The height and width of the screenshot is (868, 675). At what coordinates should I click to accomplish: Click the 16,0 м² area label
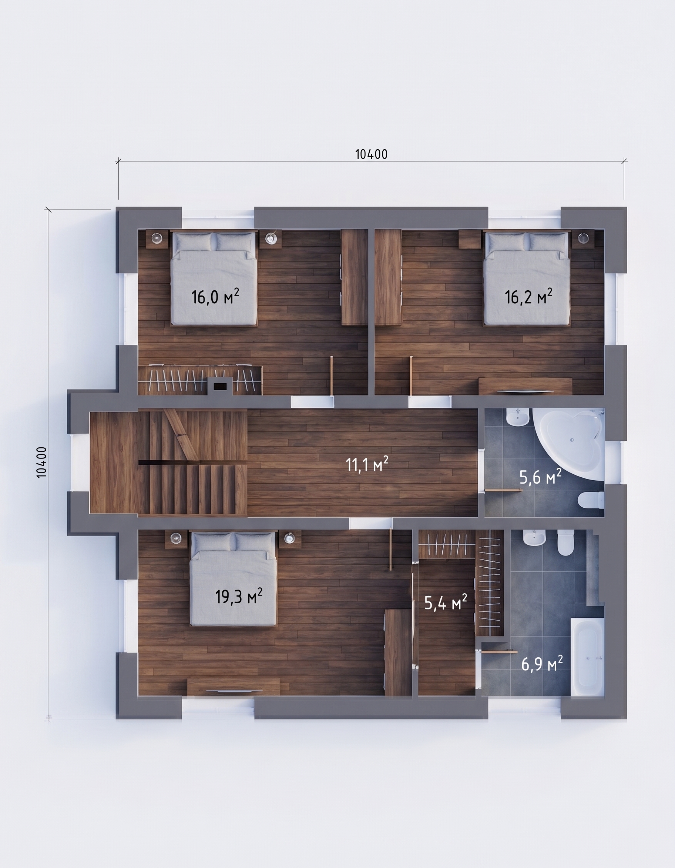(215, 297)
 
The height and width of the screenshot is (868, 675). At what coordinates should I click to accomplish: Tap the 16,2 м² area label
(528, 297)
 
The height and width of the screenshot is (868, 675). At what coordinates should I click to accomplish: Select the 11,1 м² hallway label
(367, 464)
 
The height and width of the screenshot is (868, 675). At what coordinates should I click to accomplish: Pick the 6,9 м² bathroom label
(542, 663)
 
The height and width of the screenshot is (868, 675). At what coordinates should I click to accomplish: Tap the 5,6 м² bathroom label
(540, 477)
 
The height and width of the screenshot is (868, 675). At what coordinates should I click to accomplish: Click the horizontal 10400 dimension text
(371, 154)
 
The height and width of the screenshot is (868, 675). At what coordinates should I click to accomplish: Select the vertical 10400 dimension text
(42, 462)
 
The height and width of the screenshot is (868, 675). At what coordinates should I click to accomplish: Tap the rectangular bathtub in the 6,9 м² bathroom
(587, 657)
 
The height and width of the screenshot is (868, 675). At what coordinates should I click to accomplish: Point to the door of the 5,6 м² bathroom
(503, 490)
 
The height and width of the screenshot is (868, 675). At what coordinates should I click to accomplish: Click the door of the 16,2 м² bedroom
(411, 375)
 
